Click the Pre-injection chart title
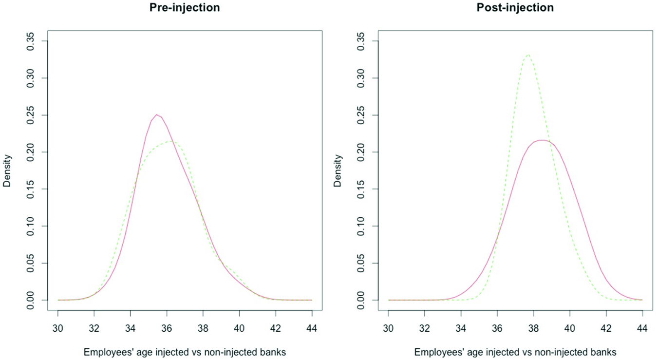click(x=185, y=8)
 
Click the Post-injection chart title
click(x=515, y=8)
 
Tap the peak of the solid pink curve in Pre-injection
click(x=157, y=115)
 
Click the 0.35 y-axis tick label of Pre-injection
click(x=31, y=41)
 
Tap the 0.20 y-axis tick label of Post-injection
click(x=361, y=152)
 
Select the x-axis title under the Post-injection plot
click(x=515, y=352)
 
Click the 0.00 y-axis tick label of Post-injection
click(x=361, y=300)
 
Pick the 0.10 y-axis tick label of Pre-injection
click(x=31, y=226)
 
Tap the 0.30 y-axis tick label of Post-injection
click(x=361, y=78)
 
